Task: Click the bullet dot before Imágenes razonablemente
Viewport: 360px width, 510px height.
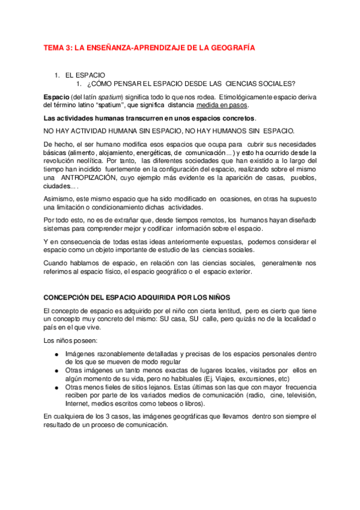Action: [x=57, y=355]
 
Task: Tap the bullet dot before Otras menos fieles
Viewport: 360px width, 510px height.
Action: [x=57, y=389]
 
